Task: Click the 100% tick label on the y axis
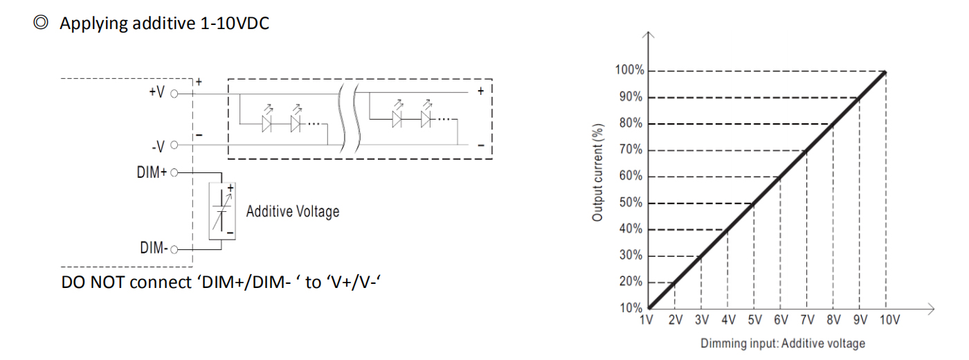pyautogui.click(x=629, y=70)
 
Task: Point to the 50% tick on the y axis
pyautogui.click(x=631, y=202)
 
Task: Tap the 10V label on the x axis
pyautogui.click(x=889, y=320)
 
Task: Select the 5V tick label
pyautogui.click(x=755, y=320)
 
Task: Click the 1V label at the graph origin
pyautogui.click(x=646, y=320)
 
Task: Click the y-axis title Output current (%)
pyautogui.click(x=597, y=172)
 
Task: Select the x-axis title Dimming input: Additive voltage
pyautogui.click(x=783, y=343)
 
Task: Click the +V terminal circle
pyautogui.click(x=174, y=94)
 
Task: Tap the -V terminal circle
pyautogui.click(x=174, y=145)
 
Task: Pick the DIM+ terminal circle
pyautogui.click(x=174, y=173)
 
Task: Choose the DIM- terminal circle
pyautogui.click(x=174, y=250)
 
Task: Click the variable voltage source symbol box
pyautogui.click(x=222, y=211)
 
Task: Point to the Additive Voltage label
pyautogui.click(x=292, y=212)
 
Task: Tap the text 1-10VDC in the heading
pyautogui.click(x=235, y=23)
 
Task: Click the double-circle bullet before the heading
pyautogui.click(x=41, y=22)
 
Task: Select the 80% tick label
pyautogui.click(x=631, y=123)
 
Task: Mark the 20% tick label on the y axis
pyautogui.click(x=631, y=282)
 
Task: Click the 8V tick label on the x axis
pyautogui.click(x=833, y=320)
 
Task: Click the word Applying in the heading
pyautogui.click(x=93, y=24)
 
